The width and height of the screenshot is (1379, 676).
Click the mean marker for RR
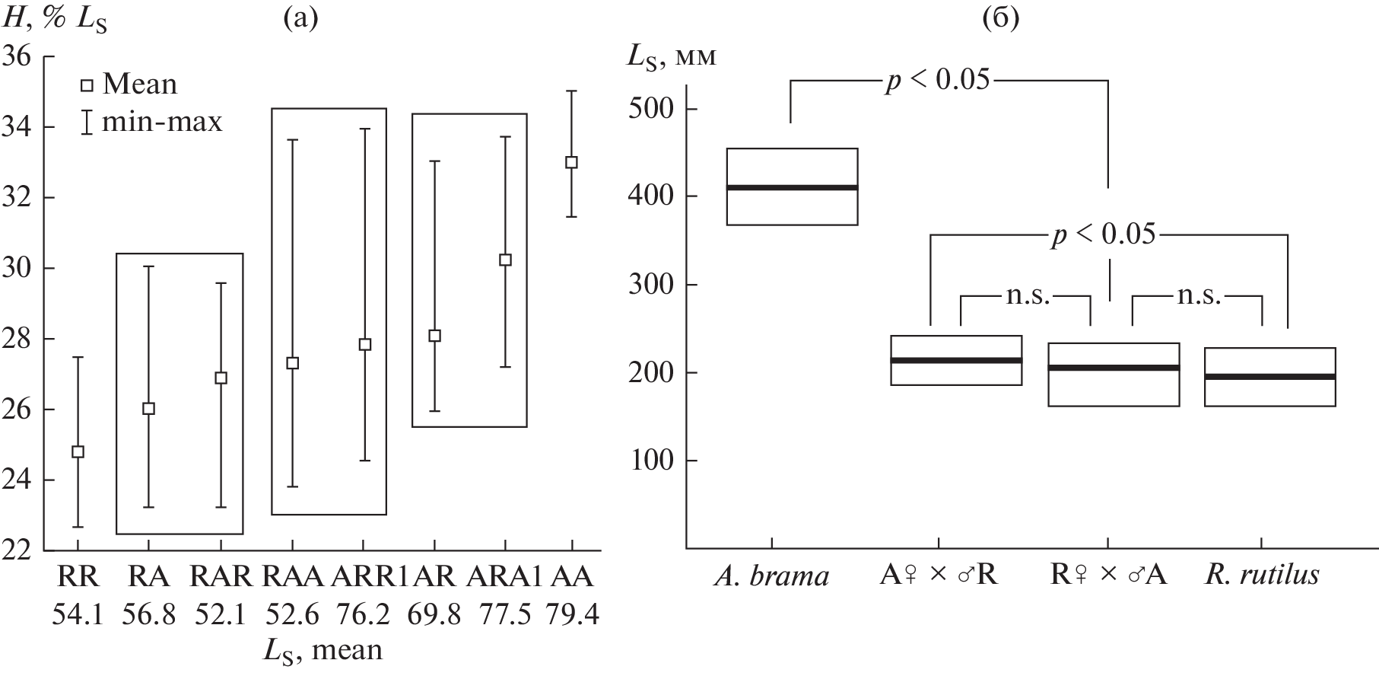(x=78, y=451)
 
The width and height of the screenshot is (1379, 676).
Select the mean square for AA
(x=572, y=162)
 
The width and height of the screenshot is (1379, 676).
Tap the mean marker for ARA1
(x=505, y=260)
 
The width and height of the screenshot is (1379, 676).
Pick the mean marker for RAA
(x=292, y=363)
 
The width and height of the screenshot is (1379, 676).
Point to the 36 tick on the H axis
(x=48, y=56)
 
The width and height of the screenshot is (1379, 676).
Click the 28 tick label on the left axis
(x=21, y=339)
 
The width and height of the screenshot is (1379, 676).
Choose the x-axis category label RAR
(x=221, y=577)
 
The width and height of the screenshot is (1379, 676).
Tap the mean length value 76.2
(x=364, y=614)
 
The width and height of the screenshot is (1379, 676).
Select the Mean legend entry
(x=130, y=84)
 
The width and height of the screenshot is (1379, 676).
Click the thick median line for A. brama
(x=793, y=187)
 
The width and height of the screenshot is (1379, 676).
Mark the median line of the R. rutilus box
(x=1270, y=377)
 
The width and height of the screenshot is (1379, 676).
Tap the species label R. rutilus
(x=1262, y=576)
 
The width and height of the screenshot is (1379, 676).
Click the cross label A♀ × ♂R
(x=939, y=576)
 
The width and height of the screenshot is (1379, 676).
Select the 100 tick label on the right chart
(x=651, y=461)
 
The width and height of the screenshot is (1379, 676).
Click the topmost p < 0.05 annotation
(x=937, y=80)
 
